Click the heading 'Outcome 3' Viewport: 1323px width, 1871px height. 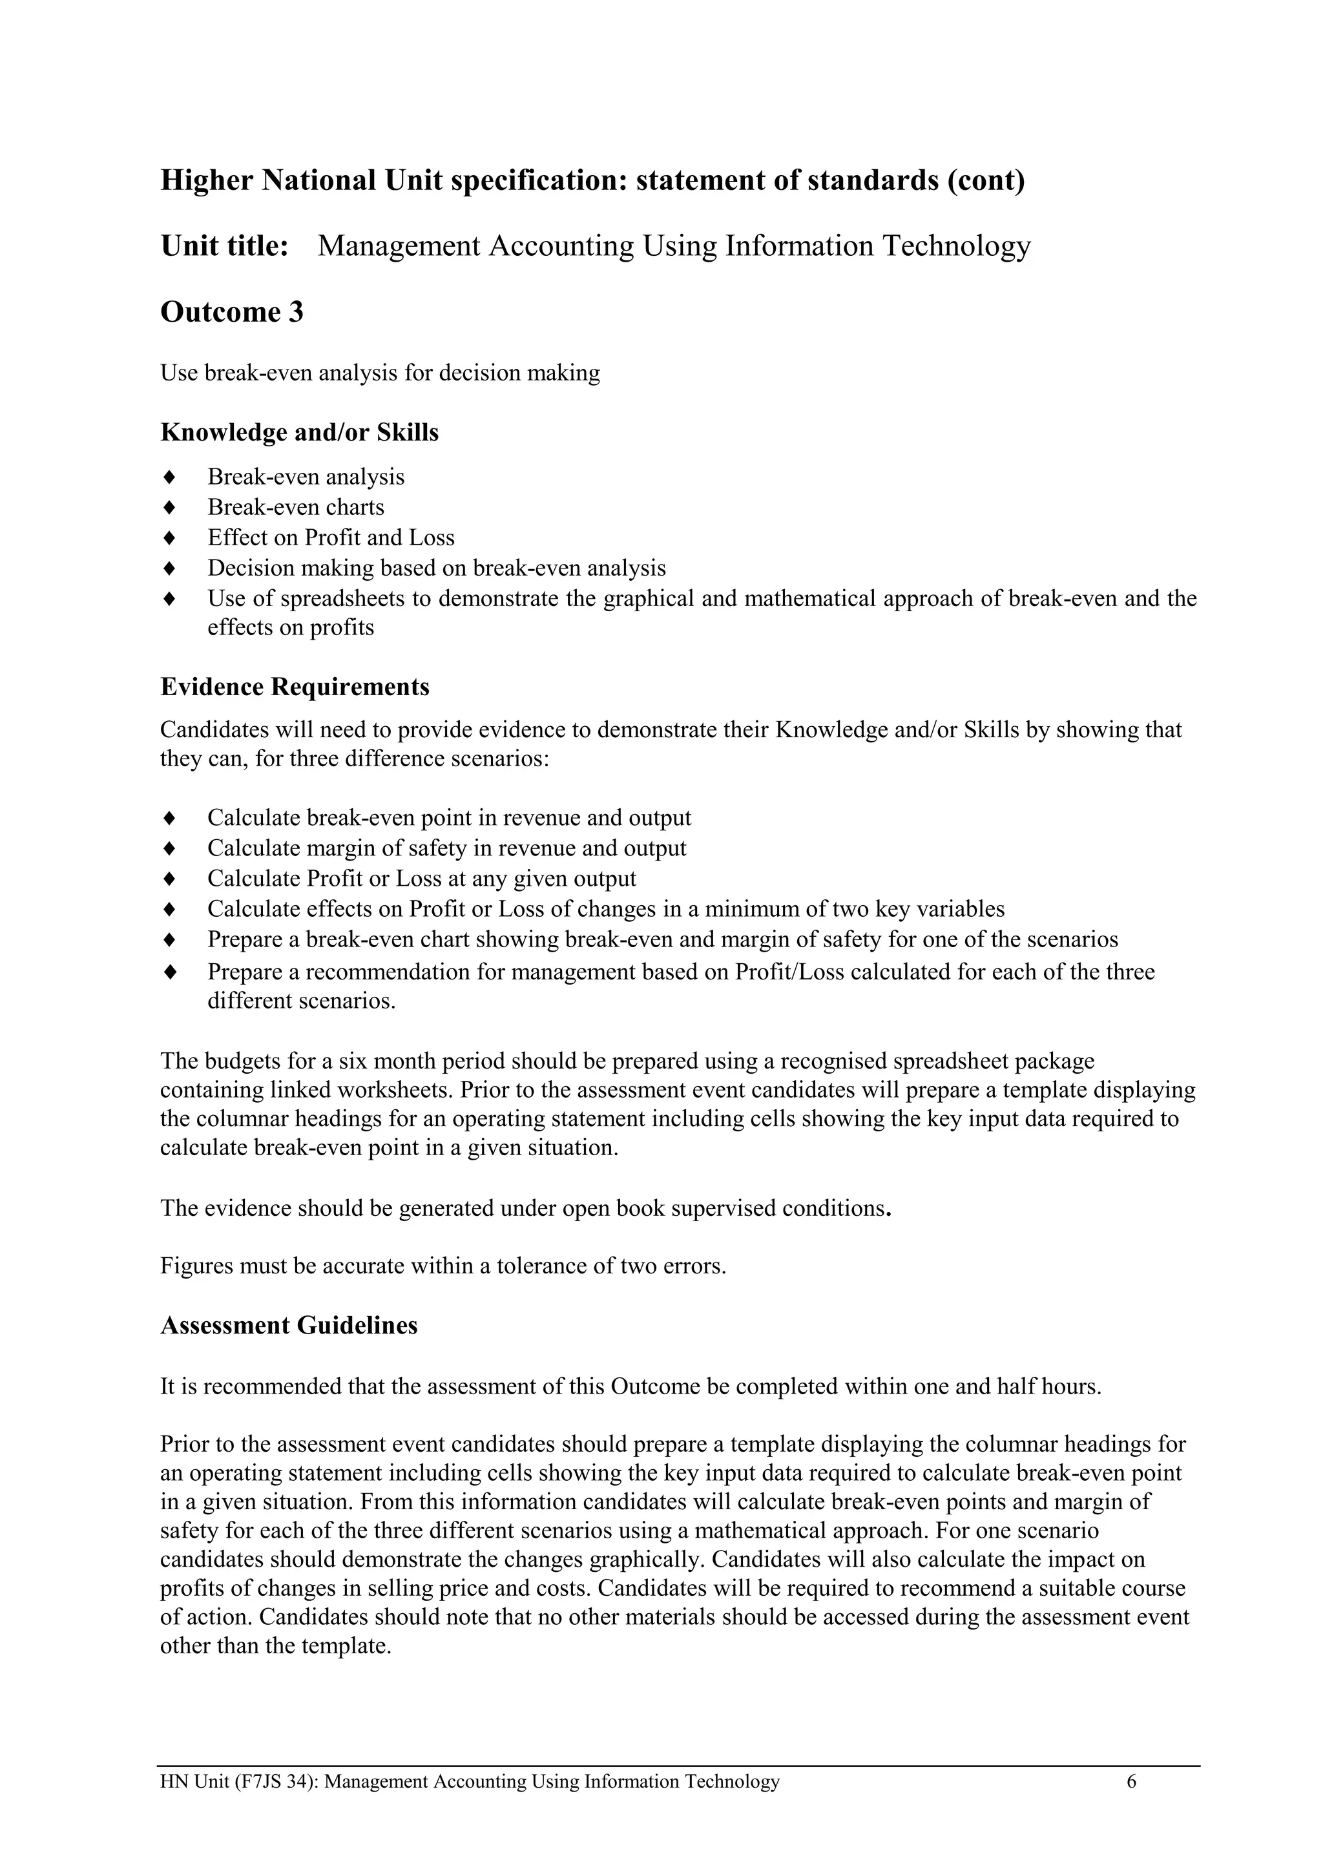tap(231, 312)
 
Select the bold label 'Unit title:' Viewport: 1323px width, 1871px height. tap(225, 246)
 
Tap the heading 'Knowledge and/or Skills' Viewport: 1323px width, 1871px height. tap(299, 432)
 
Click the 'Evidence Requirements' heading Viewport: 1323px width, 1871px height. tap(295, 686)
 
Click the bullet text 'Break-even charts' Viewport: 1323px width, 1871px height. tap(296, 507)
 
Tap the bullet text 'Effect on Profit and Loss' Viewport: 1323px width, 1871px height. tap(331, 537)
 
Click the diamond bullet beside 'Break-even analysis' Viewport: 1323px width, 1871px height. tap(169, 476)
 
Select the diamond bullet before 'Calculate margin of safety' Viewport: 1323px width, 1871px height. tap(169, 848)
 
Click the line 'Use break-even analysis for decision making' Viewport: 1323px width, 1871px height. tap(380, 373)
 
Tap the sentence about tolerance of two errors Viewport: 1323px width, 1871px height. tap(443, 1266)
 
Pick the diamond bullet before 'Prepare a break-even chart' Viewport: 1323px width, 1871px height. tap(169, 939)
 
